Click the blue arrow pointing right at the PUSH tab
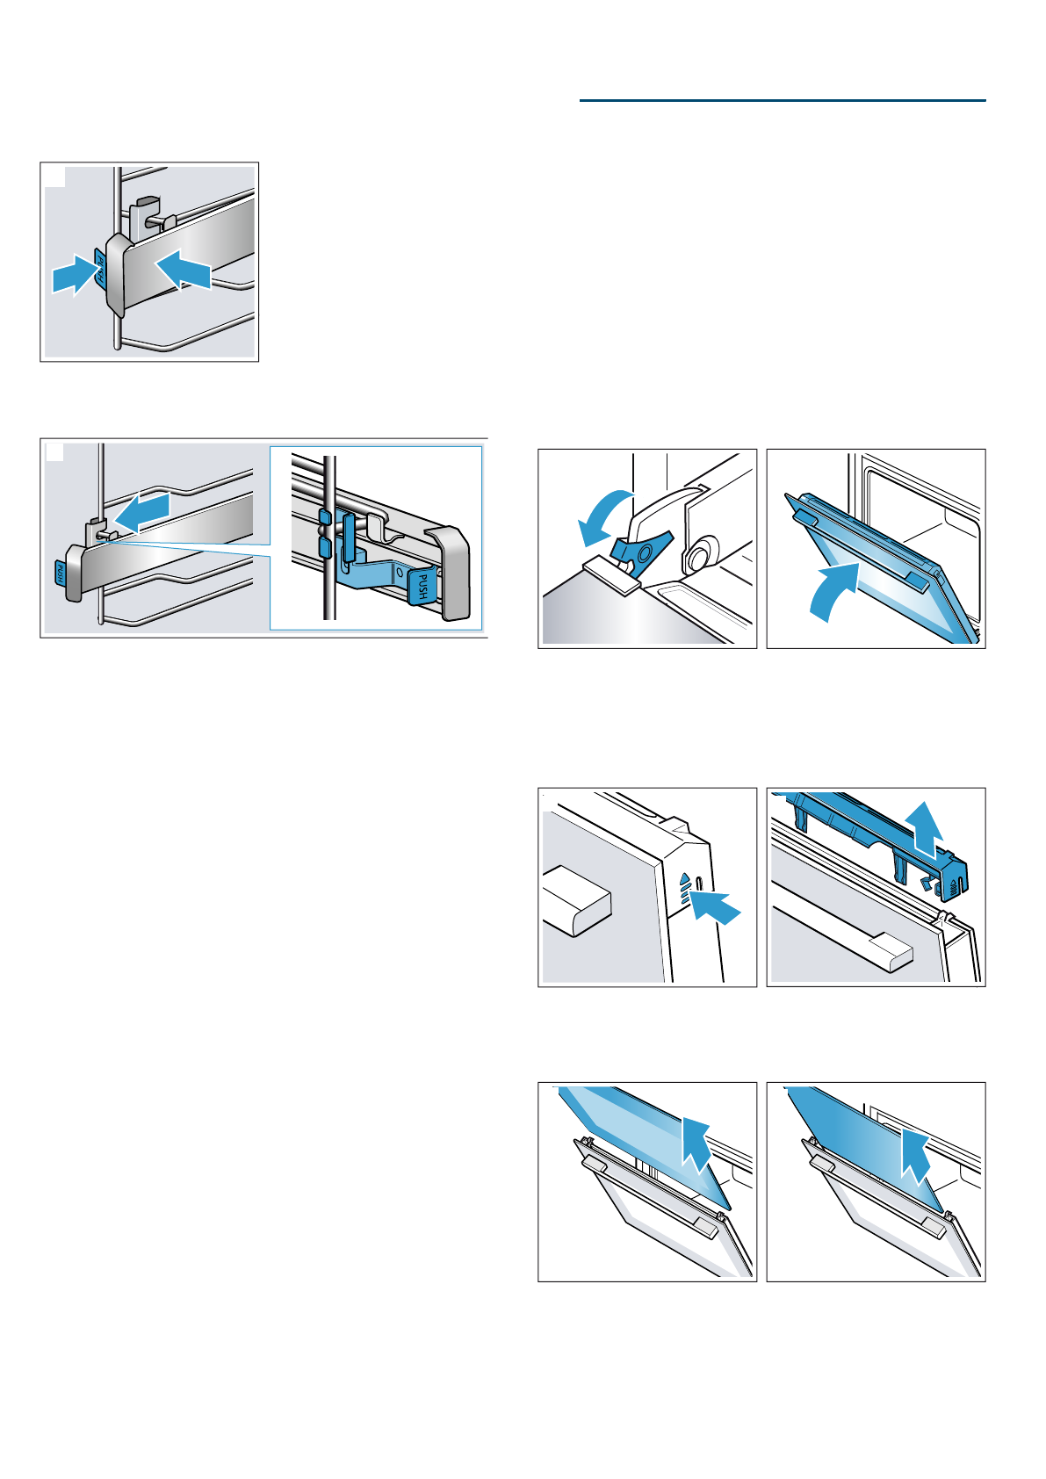click(x=75, y=274)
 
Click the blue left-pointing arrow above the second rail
click(x=142, y=513)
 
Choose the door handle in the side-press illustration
click(x=576, y=901)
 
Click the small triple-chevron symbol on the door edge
click(x=685, y=889)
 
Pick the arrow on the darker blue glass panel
click(x=915, y=1155)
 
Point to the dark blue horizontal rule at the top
click(x=783, y=100)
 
